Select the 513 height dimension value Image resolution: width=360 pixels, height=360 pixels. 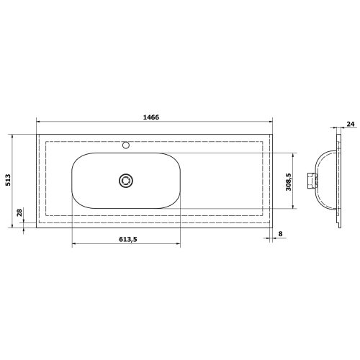click(8, 181)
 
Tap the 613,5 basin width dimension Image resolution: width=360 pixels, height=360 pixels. click(125, 240)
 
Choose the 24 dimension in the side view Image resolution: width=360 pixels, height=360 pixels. click(350, 125)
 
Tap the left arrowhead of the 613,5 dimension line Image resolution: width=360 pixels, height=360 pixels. click(74, 246)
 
